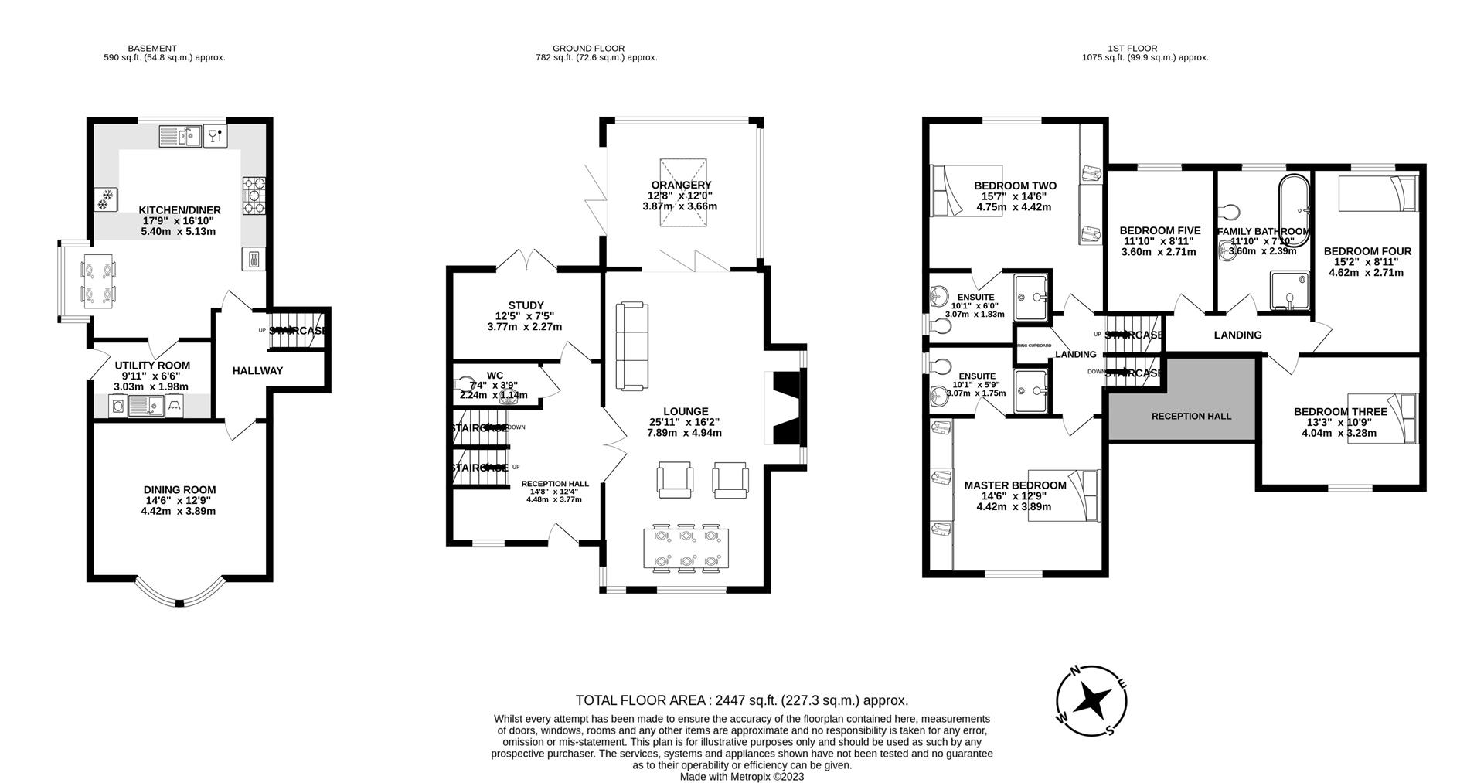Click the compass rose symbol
pos(1091,701)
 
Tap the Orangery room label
pos(680,186)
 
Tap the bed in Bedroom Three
pos(1384,418)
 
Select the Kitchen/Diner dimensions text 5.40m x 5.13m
pos(179,231)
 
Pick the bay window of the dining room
pos(179,599)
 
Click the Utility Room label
pos(152,366)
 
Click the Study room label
pos(526,305)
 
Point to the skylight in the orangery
pos(682,193)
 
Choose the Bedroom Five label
pos(1159,230)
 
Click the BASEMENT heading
pos(152,48)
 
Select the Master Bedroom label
pos(1015,485)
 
